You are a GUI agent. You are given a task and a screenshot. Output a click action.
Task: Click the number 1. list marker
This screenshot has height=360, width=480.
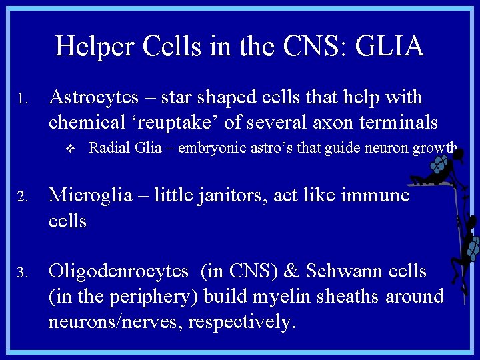tap(21, 100)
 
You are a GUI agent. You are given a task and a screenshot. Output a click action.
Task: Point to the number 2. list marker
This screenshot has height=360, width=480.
tap(21, 197)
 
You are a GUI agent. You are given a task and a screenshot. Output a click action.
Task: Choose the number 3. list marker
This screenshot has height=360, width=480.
tap(21, 273)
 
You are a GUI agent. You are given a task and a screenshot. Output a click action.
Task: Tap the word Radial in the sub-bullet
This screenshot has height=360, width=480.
tap(107, 147)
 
